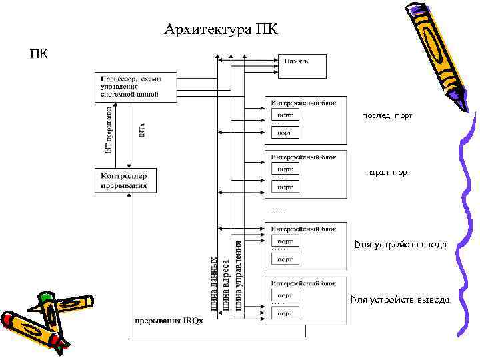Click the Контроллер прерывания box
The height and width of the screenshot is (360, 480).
point(124,179)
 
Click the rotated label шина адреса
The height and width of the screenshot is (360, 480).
point(226,285)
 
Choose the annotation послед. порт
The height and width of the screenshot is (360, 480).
point(387,116)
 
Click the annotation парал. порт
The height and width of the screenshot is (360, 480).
point(388,173)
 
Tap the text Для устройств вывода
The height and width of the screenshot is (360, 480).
point(400,300)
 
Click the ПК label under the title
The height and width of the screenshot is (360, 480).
point(39,53)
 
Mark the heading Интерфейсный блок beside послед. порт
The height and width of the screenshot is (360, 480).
point(303,103)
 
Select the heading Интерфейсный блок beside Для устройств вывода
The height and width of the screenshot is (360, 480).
point(303,283)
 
